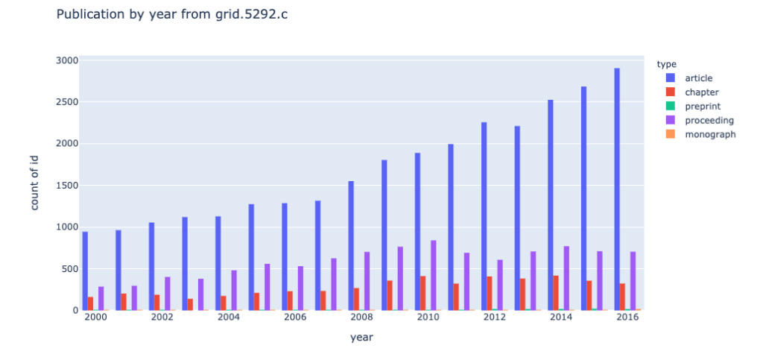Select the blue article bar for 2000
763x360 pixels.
click(x=85, y=271)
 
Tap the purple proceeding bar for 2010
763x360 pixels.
click(x=434, y=275)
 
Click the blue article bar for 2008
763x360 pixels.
click(x=351, y=245)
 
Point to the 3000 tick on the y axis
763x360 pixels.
click(x=65, y=60)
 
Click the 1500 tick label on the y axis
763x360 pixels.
click(x=65, y=186)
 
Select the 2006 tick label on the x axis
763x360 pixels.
click(x=295, y=317)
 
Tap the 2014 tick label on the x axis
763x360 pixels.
click(x=561, y=317)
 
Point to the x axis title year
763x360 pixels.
click(x=361, y=338)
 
